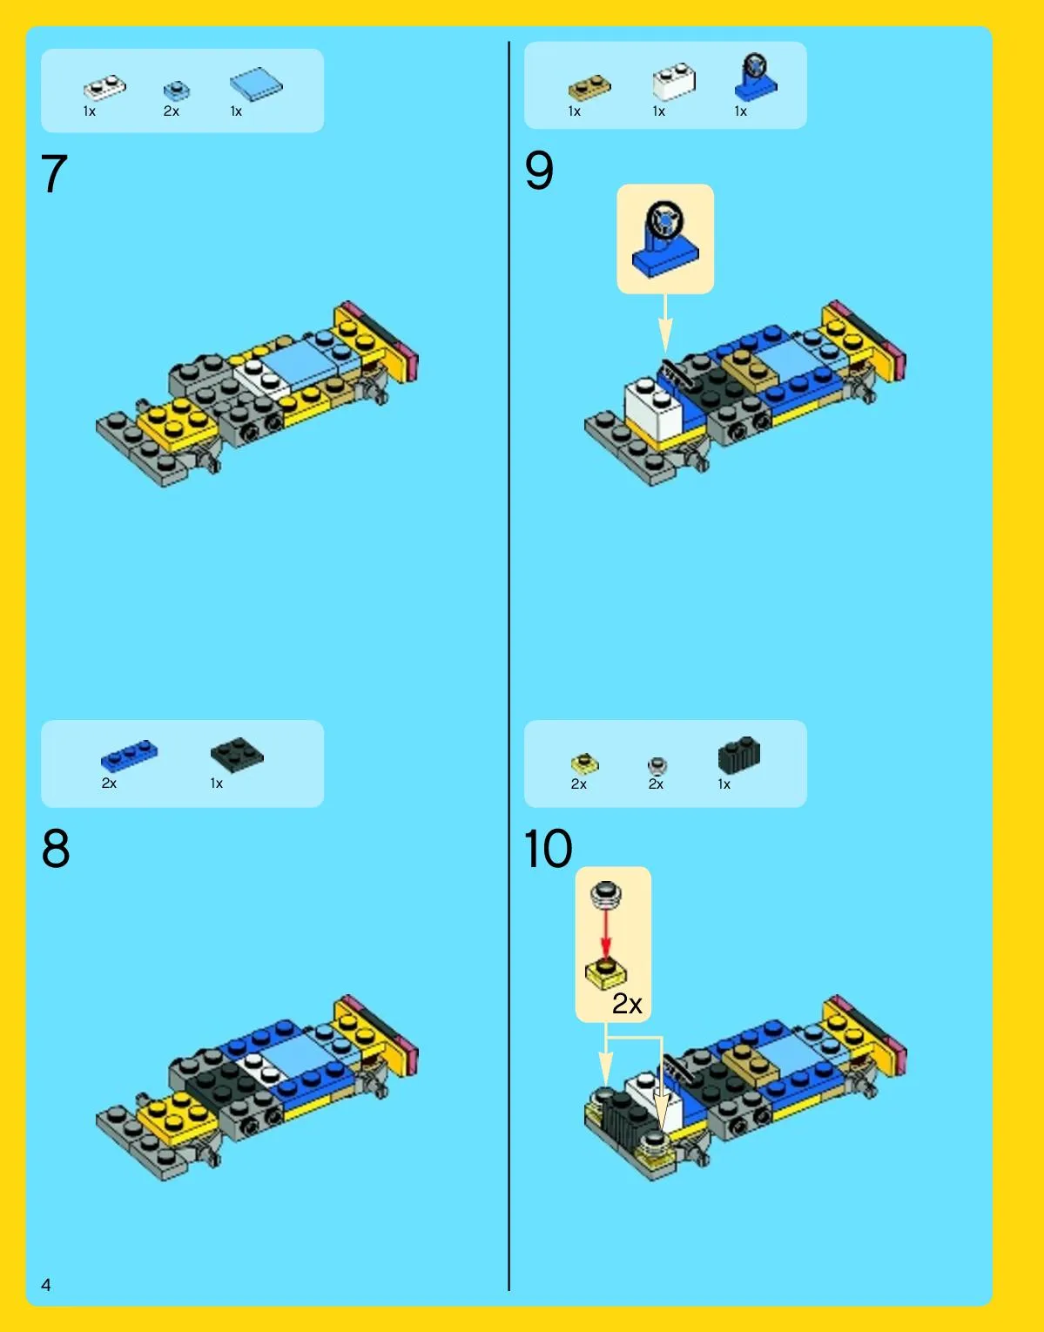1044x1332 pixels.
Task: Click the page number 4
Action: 46,1285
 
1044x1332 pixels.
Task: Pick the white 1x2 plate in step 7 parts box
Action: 104,87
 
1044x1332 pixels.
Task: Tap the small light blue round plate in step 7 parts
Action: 177,91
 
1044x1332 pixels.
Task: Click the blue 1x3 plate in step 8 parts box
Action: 130,755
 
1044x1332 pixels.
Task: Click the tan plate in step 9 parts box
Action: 589,87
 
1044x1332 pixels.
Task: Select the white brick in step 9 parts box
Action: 674,82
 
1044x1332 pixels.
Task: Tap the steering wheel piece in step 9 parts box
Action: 756,77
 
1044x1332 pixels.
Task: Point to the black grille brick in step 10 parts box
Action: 738,755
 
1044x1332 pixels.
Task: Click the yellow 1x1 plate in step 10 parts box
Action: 585,764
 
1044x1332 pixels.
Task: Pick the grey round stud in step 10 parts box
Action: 657,765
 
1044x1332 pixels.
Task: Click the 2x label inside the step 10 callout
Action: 627,1004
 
